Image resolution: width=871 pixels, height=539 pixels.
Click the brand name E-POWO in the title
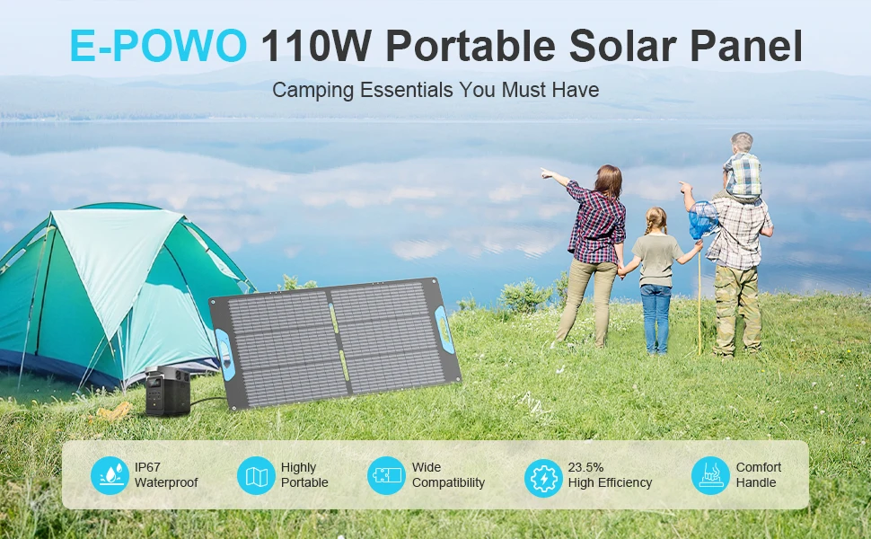pyautogui.click(x=158, y=46)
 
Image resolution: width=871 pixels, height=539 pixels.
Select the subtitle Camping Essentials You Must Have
pyautogui.click(x=435, y=90)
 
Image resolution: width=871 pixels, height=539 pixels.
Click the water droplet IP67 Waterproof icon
pyautogui.click(x=110, y=475)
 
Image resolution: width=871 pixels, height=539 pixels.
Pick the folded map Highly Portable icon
pyautogui.click(x=256, y=475)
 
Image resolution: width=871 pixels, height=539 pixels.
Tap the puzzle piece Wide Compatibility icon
pyautogui.click(x=387, y=475)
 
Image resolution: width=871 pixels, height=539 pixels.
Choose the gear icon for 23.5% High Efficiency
pyautogui.click(x=543, y=475)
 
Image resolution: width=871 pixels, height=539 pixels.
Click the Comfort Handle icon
pyautogui.click(x=710, y=475)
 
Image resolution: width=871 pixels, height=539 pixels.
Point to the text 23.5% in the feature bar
pyautogui.click(x=585, y=467)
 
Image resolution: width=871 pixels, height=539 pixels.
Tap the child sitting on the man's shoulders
pyautogui.click(x=742, y=166)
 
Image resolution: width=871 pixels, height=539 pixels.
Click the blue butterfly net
pyautogui.click(x=704, y=218)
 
